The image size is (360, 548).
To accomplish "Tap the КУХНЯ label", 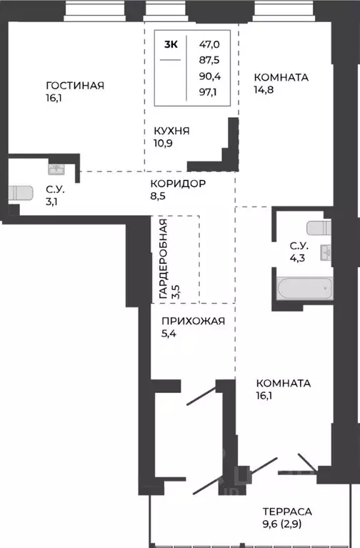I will [x=171, y=131].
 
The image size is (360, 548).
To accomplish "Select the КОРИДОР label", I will [x=179, y=184].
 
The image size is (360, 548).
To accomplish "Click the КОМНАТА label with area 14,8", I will [x=282, y=77].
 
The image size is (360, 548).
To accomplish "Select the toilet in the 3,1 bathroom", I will [x=21, y=194].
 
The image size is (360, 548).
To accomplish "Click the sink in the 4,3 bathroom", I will [x=327, y=253].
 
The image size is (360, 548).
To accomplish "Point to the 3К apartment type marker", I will [x=171, y=44].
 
